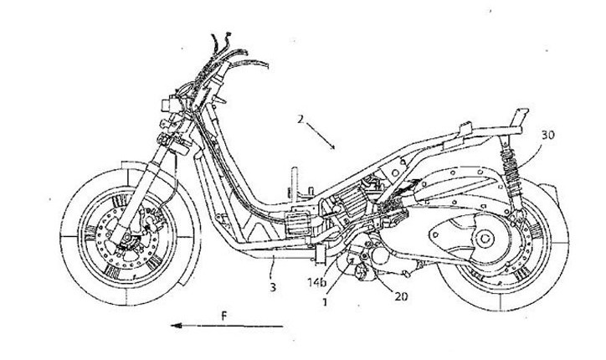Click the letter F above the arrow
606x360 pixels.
pyautogui.click(x=223, y=316)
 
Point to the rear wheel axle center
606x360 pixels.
pyautogui.click(x=483, y=241)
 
